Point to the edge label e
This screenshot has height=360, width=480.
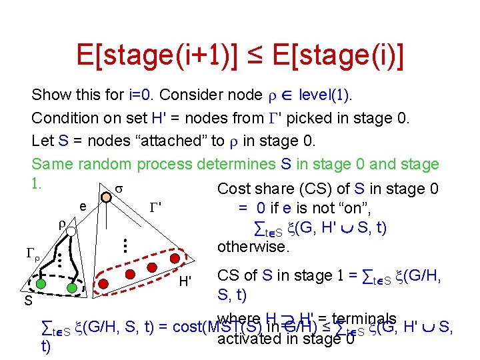click(x=83, y=207)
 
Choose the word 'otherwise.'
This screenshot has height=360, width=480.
click(x=254, y=247)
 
